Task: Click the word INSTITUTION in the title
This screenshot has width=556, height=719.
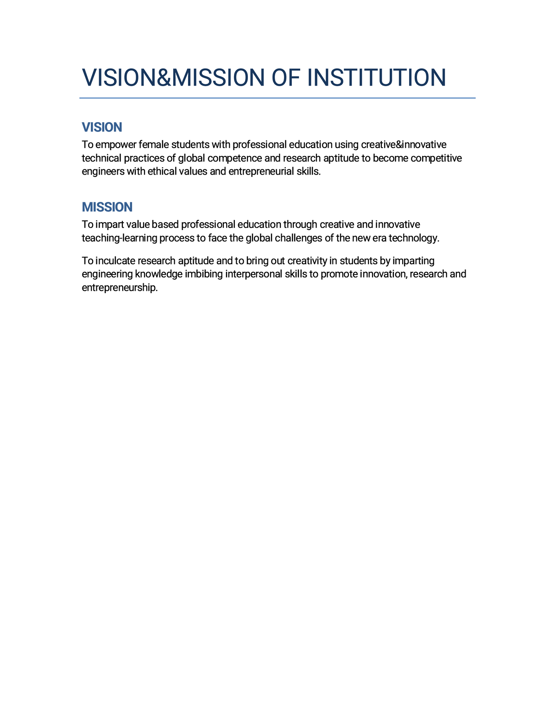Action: click(376, 78)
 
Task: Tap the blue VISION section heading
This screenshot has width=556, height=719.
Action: click(102, 127)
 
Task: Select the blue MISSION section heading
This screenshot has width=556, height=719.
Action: click(107, 207)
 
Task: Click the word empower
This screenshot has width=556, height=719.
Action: click(115, 145)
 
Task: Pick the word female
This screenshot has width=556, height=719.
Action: click(154, 145)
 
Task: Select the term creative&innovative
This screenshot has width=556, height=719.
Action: click(404, 145)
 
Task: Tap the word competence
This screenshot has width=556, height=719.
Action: click(234, 158)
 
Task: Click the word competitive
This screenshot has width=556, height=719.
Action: click(436, 158)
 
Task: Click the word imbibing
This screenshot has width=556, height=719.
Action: click(204, 274)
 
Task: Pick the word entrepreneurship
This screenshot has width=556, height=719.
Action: click(120, 288)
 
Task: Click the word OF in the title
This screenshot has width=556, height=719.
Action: click(286, 78)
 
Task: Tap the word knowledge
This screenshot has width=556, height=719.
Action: click(158, 274)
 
